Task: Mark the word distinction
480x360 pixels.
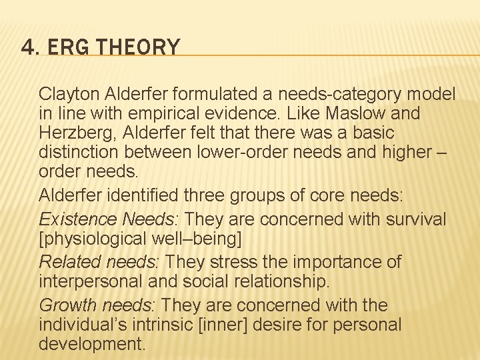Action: pos(77,153)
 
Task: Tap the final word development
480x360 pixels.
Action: pos(92,344)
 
